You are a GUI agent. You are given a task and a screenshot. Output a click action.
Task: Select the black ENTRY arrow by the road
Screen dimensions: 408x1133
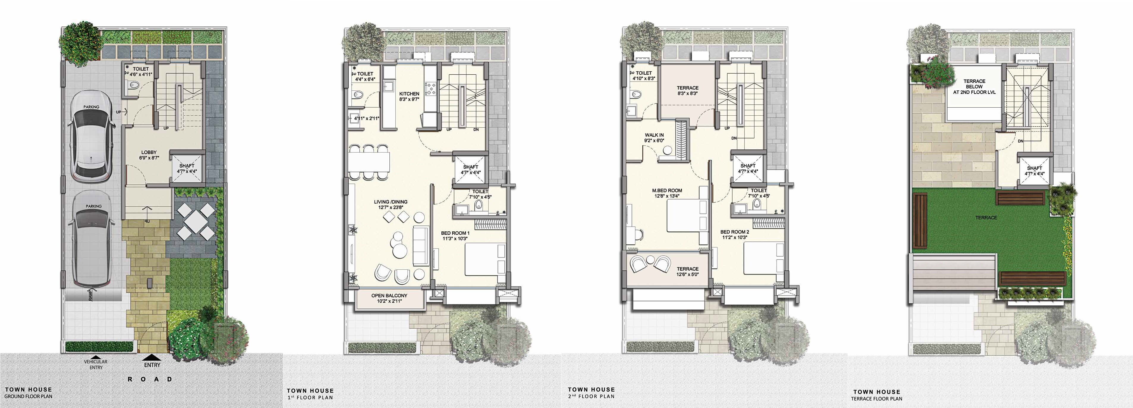(x=152, y=358)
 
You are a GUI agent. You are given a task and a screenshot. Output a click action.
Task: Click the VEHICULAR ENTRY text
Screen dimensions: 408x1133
(x=96, y=364)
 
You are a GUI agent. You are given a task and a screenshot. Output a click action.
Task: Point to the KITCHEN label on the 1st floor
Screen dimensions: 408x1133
(x=409, y=96)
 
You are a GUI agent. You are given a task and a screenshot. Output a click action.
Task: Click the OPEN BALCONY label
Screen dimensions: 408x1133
(x=389, y=298)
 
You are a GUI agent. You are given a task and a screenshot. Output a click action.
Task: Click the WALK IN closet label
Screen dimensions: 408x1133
(x=654, y=138)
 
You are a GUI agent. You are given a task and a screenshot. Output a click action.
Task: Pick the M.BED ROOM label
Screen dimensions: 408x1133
(x=667, y=193)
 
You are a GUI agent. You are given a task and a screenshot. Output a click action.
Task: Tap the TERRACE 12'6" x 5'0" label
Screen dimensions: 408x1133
(x=687, y=272)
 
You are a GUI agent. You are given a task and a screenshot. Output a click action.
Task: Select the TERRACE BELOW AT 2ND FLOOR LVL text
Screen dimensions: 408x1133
(x=974, y=87)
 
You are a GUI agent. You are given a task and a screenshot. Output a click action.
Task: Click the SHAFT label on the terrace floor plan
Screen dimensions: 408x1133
(x=1035, y=171)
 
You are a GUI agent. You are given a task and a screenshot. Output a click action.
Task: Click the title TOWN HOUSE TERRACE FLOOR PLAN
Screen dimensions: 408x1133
(x=877, y=395)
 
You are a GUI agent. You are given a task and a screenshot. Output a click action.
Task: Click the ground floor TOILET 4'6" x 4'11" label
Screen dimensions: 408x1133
(x=141, y=72)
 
